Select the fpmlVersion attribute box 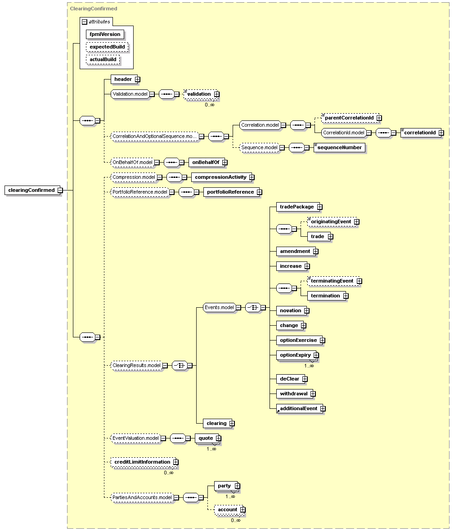[x=105, y=34]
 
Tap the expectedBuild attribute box [x=107, y=47]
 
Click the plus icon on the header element [x=137, y=79]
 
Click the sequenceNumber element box [x=339, y=148]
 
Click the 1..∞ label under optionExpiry [x=309, y=366]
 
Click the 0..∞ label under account [x=236, y=520]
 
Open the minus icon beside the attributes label [x=85, y=22]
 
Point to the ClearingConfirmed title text [x=94, y=9]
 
